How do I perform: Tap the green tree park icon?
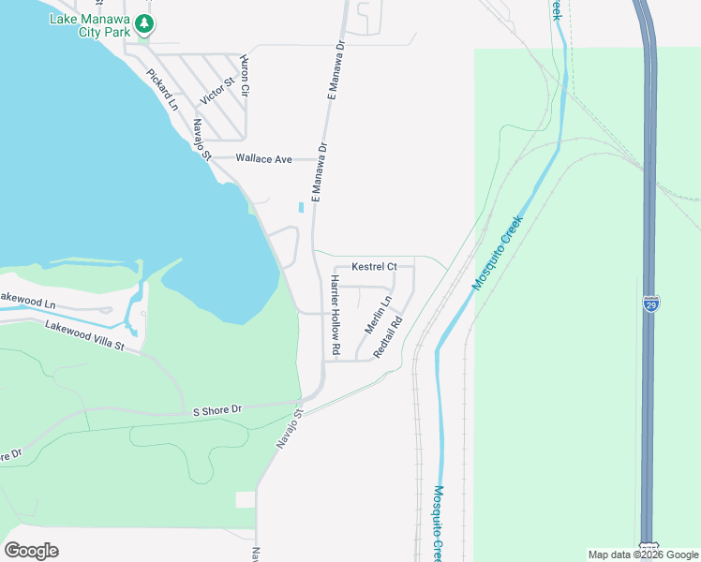[x=143, y=22]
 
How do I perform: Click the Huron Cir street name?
[x=245, y=76]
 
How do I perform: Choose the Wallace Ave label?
[x=264, y=159]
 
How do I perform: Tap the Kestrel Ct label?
[x=374, y=267]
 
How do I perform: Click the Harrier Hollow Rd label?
[x=335, y=315]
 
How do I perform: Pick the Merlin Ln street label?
[x=377, y=317]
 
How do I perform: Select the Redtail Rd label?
[x=387, y=336]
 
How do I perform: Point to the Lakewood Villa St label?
[x=83, y=333]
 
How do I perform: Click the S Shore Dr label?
[x=217, y=410]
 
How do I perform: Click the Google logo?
[x=31, y=551]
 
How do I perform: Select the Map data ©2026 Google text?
[x=642, y=555]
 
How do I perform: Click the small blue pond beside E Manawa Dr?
[x=301, y=207]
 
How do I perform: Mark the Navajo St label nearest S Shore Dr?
[x=291, y=428]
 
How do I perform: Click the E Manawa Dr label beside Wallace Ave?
[x=321, y=172]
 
